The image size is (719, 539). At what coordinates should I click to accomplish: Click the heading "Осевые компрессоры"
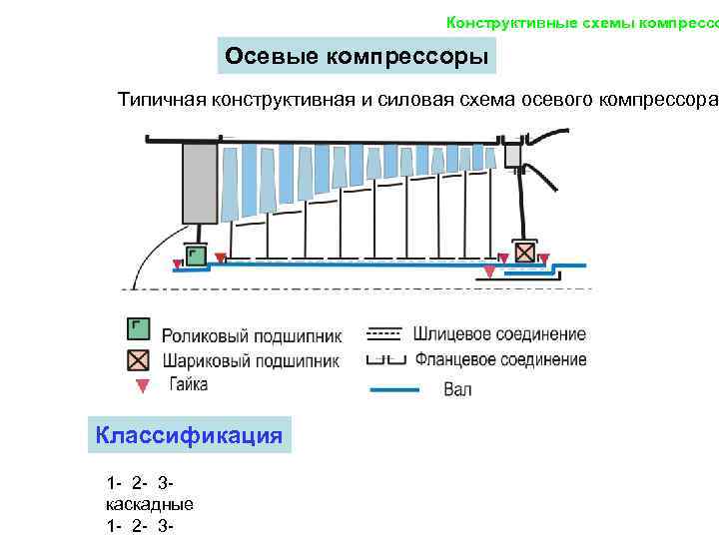pos(357,57)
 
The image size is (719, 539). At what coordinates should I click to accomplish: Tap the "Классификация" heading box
pos(189,435)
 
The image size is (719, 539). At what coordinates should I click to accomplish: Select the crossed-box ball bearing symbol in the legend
pos(139,358)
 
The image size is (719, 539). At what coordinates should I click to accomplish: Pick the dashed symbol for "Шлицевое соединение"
pos(384,331)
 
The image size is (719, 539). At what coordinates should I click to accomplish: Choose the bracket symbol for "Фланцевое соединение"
pos(384,358)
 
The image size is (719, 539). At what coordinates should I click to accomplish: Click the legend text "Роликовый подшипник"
pos(252,335)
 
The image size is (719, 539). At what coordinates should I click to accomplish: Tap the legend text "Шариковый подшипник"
pos(251,360)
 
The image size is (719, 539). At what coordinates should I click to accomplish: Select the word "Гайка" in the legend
pos(189,384)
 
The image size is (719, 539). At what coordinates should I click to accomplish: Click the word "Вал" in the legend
pos(457,389)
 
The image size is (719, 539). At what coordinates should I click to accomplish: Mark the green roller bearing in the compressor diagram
pos(196,256)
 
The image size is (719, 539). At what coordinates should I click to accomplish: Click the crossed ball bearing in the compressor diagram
pos(523,253)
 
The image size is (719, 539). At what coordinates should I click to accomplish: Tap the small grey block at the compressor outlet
pos(513,155)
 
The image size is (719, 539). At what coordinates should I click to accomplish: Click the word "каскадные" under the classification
pos(150,504)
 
